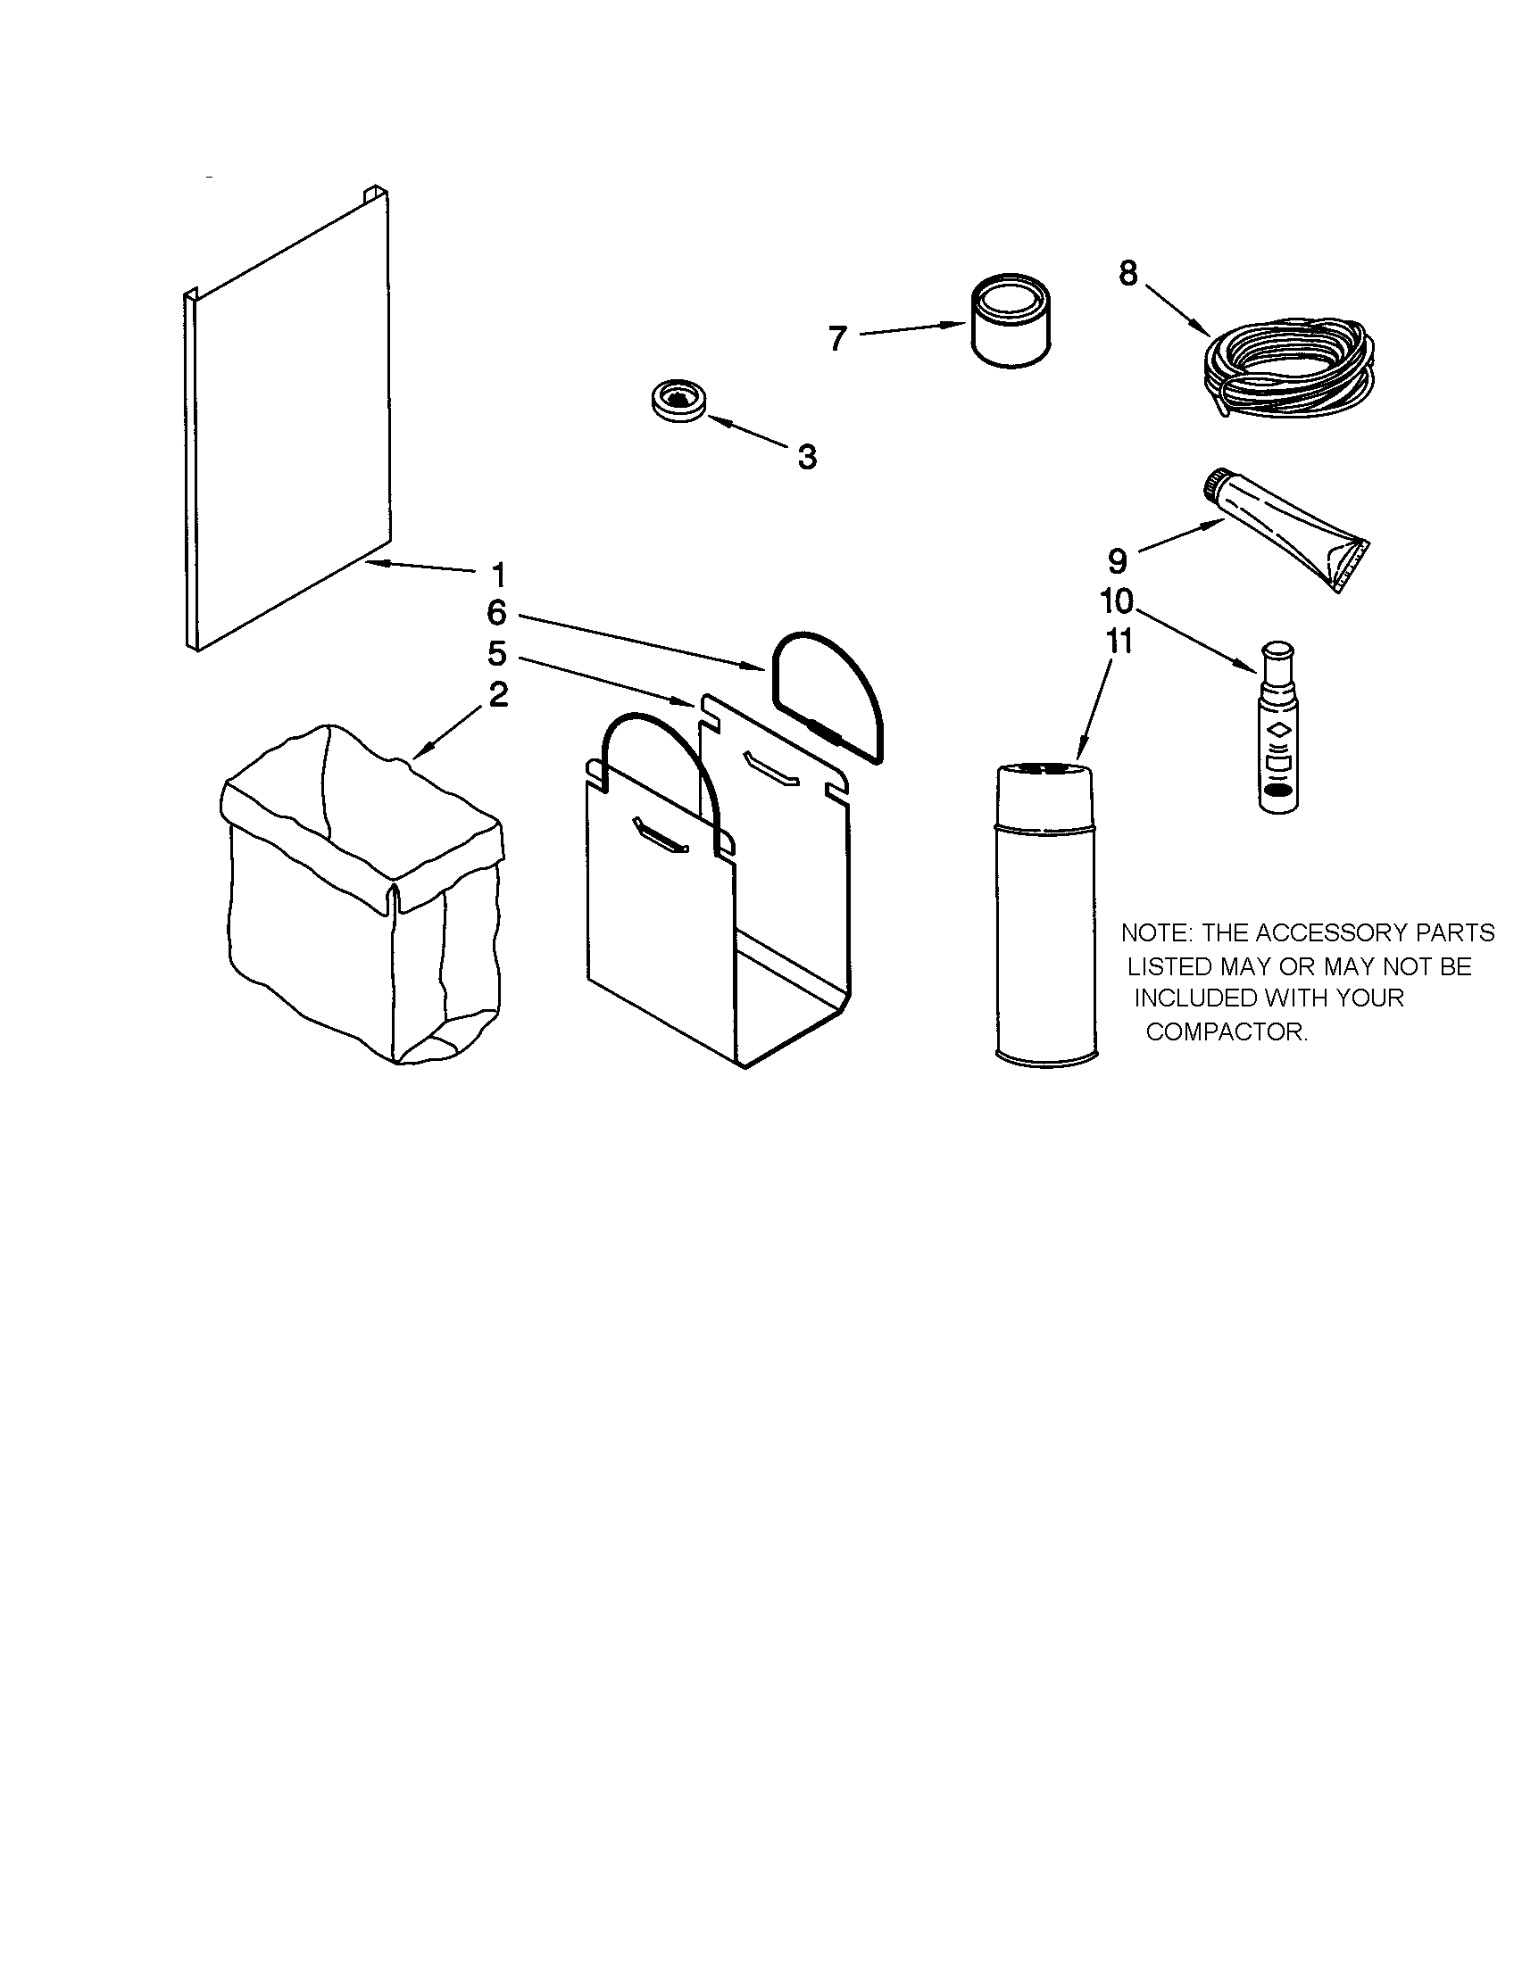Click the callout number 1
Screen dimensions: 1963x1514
pos(498,575)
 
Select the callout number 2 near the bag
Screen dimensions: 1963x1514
pos(498,694)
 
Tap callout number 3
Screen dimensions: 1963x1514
pos(806,457)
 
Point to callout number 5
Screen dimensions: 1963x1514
pos(497,653)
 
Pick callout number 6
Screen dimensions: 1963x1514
pos(497,613)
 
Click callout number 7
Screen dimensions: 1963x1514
pos(837,339)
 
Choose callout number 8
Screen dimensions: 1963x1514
pos(1128,272)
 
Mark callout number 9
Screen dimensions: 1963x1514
pos(1117,561)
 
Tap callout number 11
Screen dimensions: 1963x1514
pos(1119,642)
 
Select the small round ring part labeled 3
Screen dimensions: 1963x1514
pos(678,399)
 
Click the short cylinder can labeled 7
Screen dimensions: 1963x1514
pos(1011,321)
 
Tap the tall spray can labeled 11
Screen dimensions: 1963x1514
pos(1046,912)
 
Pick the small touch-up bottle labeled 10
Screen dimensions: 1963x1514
pos(1277,727)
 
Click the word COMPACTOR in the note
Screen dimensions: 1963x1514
pos(1227,1031)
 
